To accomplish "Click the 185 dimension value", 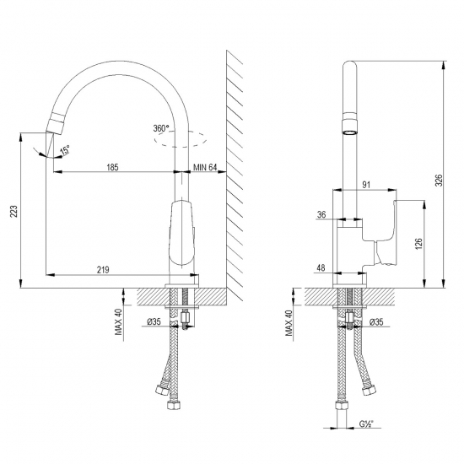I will (111, 167).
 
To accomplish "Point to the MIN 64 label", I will (207, 167).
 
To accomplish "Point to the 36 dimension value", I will (321, 215).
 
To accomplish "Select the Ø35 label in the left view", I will (153, 321).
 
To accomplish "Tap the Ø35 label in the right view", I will (376, 321).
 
